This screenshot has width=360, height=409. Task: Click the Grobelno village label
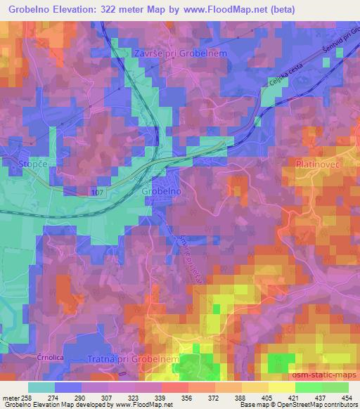[x=162, y=191]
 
